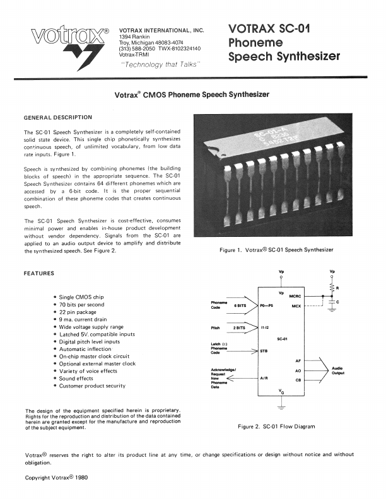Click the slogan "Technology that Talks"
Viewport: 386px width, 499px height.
tap(160, 64)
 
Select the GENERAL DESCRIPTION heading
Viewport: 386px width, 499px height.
tap(57, 118)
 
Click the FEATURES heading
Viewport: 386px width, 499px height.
tap(39, 273)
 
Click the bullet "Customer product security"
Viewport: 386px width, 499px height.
tap(93, 386)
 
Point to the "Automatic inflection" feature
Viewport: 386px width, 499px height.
tap(85, 349)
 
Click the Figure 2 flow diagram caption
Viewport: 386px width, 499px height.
tap(276, 427)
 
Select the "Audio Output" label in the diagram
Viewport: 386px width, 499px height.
tap(338, 370)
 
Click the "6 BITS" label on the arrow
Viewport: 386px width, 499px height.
tap(240, 306)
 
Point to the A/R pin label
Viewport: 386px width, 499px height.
tap(264, 378)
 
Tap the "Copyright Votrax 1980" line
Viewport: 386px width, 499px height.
tap(57, 478)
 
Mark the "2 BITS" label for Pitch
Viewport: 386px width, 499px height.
tap(240, 328)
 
